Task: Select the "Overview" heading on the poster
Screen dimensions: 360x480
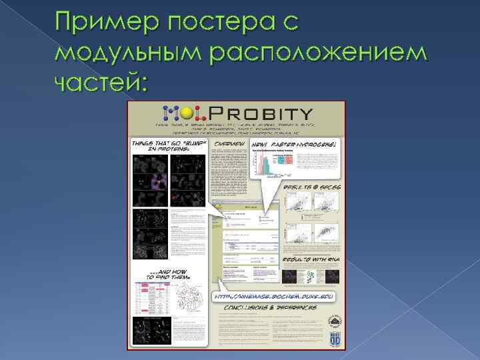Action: [229, 143]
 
